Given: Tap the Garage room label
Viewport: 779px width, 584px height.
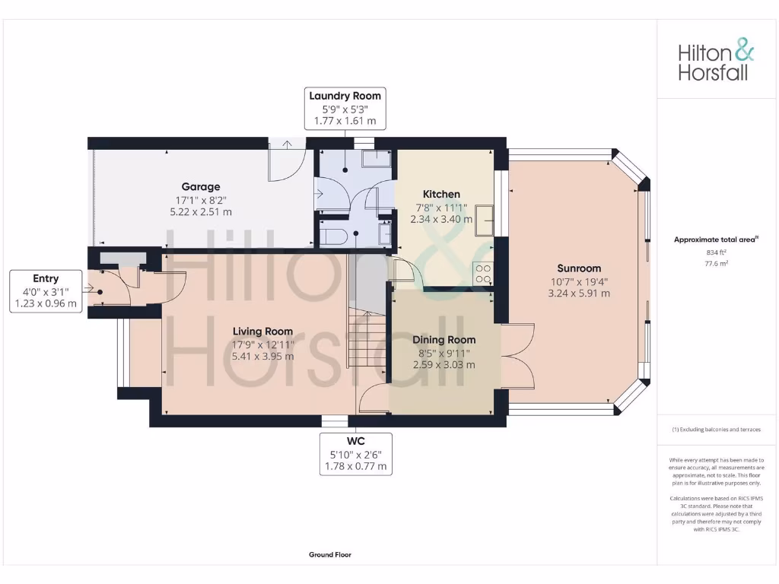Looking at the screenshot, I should [201, 187].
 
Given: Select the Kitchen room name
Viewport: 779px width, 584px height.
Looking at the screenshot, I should [441, 195].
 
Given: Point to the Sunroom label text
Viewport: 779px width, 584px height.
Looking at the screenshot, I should [579, 268].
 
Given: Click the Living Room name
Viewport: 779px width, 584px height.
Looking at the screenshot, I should [262, 332].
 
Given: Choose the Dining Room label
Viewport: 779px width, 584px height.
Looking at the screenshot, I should [444, 340].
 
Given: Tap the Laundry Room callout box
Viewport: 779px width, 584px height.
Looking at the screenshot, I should [345, 108].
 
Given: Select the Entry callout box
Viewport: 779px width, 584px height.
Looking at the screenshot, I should [46, 290].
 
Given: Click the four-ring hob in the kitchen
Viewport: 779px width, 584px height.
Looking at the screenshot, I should [482, 272].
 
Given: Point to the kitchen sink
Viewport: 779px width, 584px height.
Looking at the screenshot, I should [484, 215].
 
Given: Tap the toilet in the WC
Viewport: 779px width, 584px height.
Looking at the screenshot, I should [333, 236].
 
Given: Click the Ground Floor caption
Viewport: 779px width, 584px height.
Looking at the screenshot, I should [330, 555].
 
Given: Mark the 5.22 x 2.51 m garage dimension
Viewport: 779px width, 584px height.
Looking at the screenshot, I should [201, 212].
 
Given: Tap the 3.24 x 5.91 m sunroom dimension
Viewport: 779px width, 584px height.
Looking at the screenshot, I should [579, 293].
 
